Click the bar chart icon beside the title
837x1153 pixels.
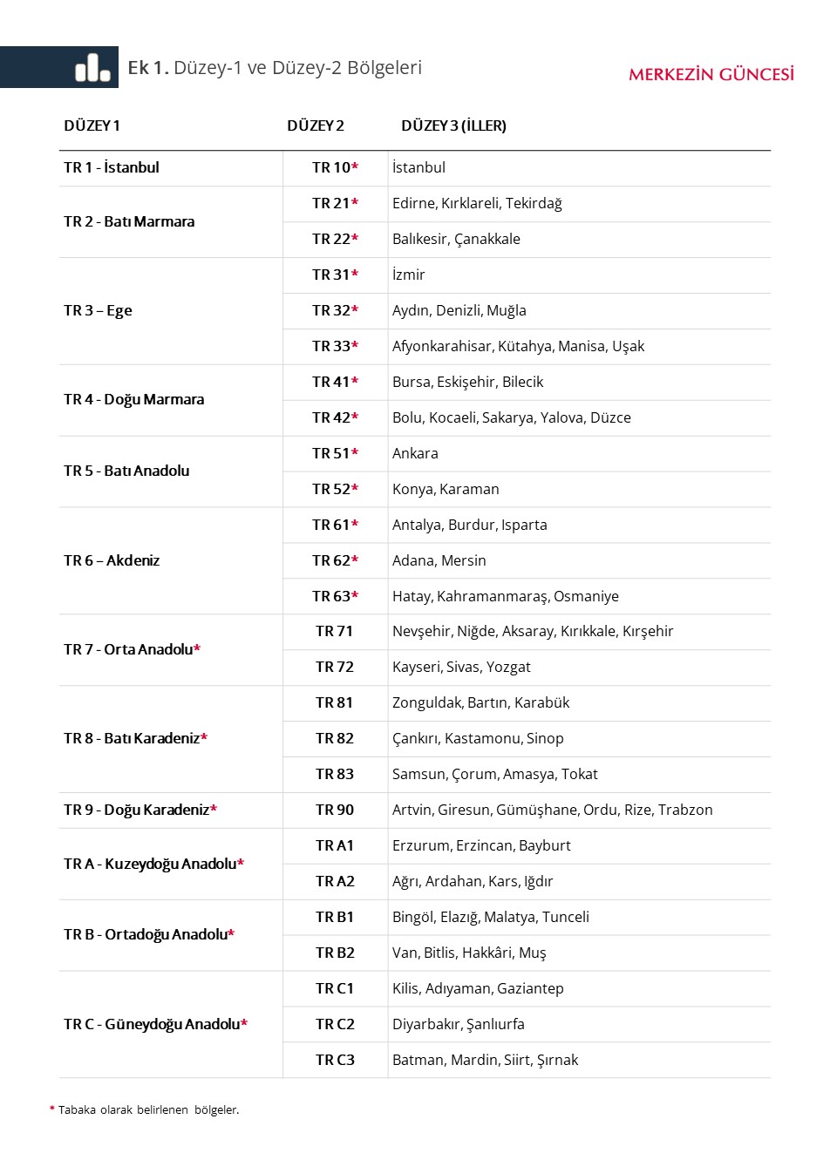(x=92, y=67)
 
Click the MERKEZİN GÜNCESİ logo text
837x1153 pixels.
(x=711, y=75)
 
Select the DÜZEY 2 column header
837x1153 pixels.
(x=316, y=125)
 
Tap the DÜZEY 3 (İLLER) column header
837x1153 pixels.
(x=453, y=125)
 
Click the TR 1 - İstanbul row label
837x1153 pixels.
(x=112, y=167)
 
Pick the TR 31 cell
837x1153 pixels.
(x=335, y=275)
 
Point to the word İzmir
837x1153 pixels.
(x=409, y=275)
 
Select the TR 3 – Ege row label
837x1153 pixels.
(x=98, y=310)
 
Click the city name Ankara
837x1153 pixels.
(x=415, y=453)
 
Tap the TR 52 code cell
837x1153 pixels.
(x=335, y=489)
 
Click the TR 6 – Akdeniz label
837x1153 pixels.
(x=112, y=560)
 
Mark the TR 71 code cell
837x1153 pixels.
(x=335, y=631)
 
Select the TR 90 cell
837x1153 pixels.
(x=335, y=810)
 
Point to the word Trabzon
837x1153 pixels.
(x=685, y=810)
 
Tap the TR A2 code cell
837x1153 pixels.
(x=335, y=881)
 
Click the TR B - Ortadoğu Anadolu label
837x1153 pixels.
(x=149, y=934)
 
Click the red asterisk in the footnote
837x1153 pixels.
(x=52, y=1109)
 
